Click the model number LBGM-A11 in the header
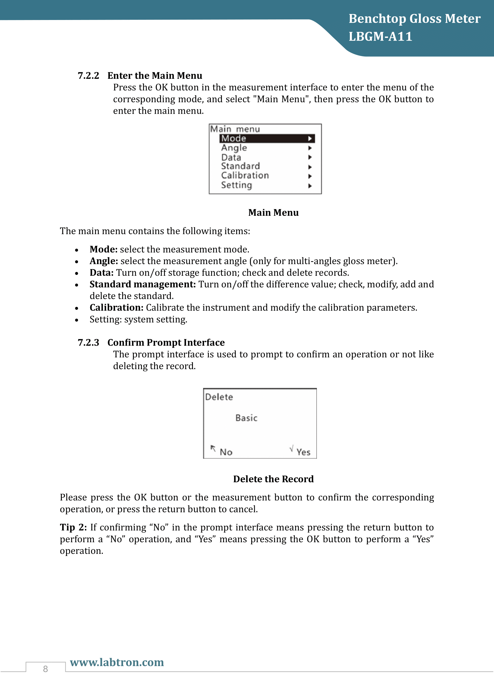tap(380, 37)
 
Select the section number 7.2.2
tap(88, 76)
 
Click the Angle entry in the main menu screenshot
tap(234, 148)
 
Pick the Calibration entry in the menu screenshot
tap(245, 176)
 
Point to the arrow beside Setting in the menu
tap(310, 186)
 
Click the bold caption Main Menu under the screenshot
tap(273, 212)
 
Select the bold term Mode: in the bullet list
tap(103, 249)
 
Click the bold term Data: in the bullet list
tap(102, 273)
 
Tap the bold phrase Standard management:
tap(142, 284)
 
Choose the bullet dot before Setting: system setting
tap(77, 320)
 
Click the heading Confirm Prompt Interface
tap(166, 343)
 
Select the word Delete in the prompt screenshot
tap(219, 397)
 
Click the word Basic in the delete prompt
tap(246, 418)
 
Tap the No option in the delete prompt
tap(226, 452)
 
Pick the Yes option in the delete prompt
tap(303, 452)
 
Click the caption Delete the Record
tap(273, 479)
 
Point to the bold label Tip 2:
tap(73, 527)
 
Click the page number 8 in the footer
tap(45, 669)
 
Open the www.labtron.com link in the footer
tap(117, 662)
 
